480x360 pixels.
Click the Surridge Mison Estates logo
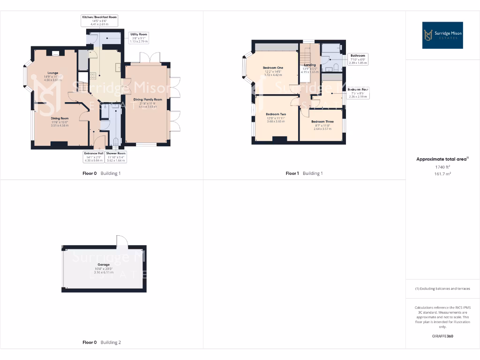pos(442,35)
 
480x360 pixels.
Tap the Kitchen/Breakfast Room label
pos(99,17)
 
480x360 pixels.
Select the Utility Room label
pos(138,35)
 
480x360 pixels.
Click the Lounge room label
pos(51,73)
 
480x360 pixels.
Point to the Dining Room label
pos(60,119)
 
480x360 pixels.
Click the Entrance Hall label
pos(94,153)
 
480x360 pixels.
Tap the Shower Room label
pos(116,153)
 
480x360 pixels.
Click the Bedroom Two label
pos(276,114)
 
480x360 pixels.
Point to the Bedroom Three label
pos(322,121)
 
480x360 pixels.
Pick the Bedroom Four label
pos(358,90)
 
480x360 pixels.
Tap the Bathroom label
pos(358,56)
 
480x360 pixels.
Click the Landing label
pos(310,65)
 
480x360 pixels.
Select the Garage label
pos(104,264)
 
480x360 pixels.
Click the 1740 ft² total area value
pos(442,166)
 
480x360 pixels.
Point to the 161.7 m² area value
pos(442,173)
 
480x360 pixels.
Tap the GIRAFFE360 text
pos(442,336)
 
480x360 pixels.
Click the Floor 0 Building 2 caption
pos(102,343)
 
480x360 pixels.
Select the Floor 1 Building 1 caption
pos(304,173)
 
